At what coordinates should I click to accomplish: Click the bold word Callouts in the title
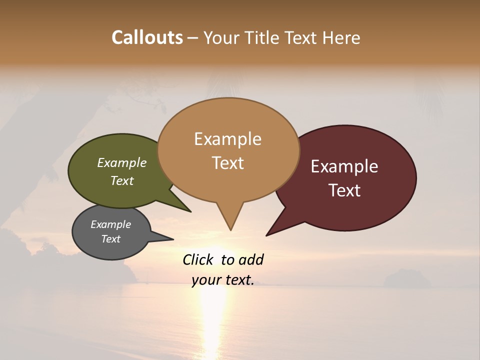tap(147, 37)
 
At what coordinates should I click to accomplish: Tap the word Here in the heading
tap(342, 37)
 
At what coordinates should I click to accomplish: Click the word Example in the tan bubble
tap(227, 139)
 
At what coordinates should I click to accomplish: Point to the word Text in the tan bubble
tap(227, 163)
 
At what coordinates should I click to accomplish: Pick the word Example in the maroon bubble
tap(344, 166)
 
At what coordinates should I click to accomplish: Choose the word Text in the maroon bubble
tap(344, 190)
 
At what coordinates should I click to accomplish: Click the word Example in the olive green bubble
tap(121, 163)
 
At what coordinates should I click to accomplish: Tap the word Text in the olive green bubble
tap(121, 180)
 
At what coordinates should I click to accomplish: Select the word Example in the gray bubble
tap(110, 224)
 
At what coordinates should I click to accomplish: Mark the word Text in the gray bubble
tap(110, 239)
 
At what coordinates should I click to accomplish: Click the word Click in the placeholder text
tap(198, 259)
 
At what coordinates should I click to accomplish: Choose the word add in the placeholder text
tap(251, 259)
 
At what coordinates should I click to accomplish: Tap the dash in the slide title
tap(193, 38)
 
